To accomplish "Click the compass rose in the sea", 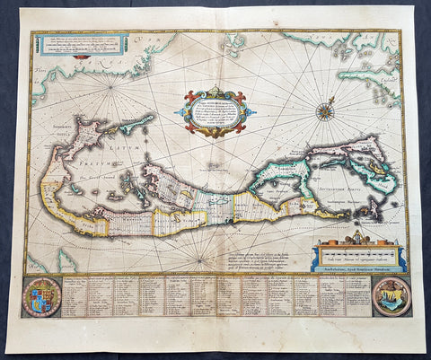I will [324, 112].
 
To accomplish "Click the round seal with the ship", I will [391, 296].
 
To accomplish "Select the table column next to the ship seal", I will [358, 296].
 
